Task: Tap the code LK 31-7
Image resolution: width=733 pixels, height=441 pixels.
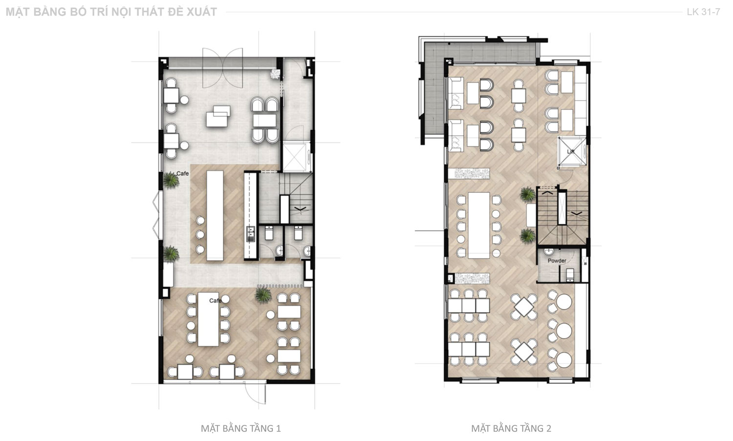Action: tap(703, 12)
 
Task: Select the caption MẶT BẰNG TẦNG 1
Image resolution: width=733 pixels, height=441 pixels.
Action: tap(241, 428)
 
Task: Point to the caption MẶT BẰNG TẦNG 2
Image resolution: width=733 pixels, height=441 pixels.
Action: tap(511, 428)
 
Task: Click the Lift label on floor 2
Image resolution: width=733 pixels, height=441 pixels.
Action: tap(571, 151)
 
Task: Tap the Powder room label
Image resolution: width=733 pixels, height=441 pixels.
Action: tap(557, 261)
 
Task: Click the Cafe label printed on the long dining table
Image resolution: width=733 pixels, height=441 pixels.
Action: tap(216, 300)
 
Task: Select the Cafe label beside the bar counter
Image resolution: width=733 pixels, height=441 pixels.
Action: tap(183, 173)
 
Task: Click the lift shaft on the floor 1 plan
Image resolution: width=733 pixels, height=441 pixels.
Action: tap(295, 157)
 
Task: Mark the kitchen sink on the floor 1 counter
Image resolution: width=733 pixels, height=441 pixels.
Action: tap(251, 233)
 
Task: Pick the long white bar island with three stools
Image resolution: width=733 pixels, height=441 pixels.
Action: tap(215, 215)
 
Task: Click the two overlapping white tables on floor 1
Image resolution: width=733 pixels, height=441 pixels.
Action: tap(218, 116)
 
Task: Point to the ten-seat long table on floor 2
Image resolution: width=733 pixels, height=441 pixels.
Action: tap(479, 226)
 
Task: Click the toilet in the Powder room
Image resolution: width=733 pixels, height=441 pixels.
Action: tap(570, 275)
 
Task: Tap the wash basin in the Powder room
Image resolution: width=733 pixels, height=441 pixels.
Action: tap(549, 252)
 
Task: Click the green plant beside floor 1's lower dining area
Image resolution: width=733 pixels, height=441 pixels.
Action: tap(263, 294)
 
